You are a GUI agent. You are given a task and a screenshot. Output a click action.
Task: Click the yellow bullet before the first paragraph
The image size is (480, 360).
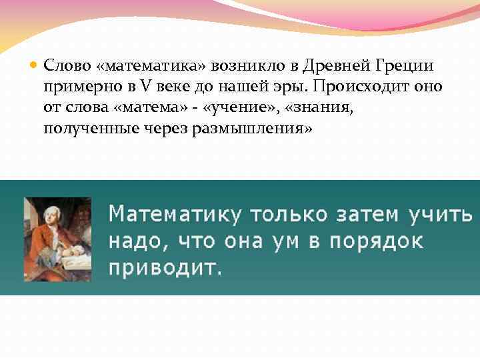point(35,65)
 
